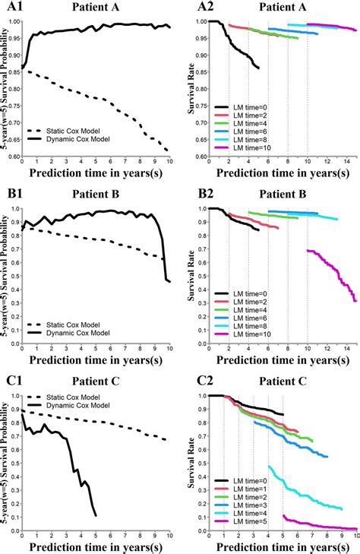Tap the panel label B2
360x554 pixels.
(197, 194)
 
